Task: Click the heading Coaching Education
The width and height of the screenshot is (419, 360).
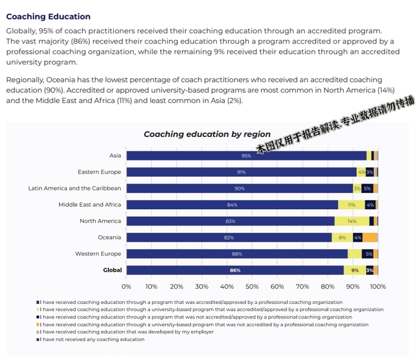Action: [48, 16]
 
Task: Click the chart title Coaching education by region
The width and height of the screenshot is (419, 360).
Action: [207, 134]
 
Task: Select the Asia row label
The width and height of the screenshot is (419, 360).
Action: [115, 156]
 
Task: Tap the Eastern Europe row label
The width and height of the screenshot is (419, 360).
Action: [99, 172]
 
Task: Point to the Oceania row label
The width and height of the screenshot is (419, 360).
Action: [109, 237]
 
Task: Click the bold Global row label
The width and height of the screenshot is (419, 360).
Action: [112, 270]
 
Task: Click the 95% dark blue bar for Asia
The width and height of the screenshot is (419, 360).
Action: [246, 156]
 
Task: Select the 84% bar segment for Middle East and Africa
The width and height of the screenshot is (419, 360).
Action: [232, 204]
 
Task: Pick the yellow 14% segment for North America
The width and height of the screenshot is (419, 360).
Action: [351, 221]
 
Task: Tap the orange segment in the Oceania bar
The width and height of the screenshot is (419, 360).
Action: [370, 238]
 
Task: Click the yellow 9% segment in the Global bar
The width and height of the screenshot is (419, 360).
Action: [354, 270]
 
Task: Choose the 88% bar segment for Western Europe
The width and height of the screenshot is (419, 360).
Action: [237, 254]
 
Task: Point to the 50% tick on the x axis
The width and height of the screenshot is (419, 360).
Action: [252, 286]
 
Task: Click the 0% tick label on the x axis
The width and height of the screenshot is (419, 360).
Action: [127, 286]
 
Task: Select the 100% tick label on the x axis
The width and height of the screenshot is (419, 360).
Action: [377, 286]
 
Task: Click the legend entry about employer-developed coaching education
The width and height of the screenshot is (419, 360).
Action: [127, 332]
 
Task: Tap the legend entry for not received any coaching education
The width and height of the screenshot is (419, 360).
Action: [93, 339]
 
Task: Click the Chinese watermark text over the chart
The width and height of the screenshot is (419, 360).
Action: [335, 124]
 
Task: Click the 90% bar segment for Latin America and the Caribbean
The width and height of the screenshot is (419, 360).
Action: [239, 188]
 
